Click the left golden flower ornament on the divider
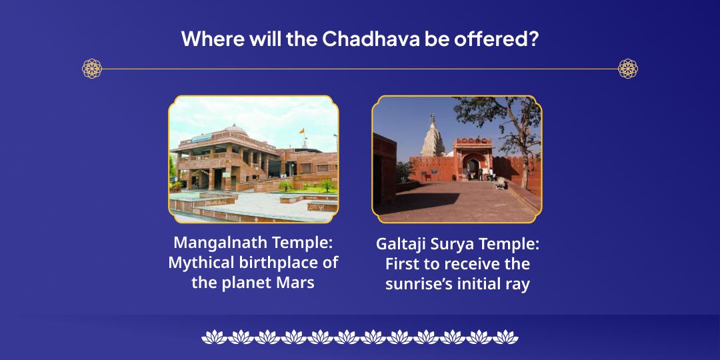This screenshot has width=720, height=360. (92, 68)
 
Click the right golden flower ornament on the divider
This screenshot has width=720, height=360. (628, 68)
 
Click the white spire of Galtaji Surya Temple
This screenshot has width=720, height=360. (431, 137)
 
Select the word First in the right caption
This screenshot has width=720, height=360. (402, 264)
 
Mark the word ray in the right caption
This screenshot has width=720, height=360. (517, 284)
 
